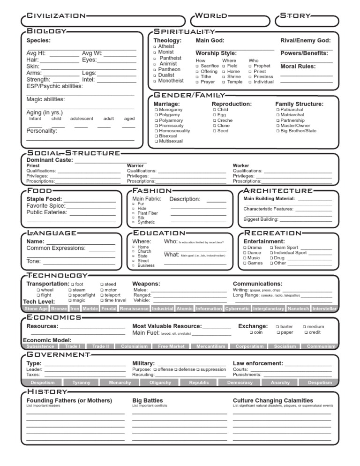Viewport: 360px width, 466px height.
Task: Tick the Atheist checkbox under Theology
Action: coord(155,47)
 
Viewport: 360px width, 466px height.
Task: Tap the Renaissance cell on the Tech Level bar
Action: coord(134,309)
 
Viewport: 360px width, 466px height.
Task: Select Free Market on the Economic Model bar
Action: coord(171,346)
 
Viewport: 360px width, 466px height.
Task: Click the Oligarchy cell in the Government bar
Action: coord(160,383)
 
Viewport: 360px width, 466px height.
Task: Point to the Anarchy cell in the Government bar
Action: coord(280,383)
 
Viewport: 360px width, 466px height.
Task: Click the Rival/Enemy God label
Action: coord(306,41)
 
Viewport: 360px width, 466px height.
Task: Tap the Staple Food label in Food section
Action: coord(44,199)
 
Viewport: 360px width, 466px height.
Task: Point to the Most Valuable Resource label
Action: coord(167,326)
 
